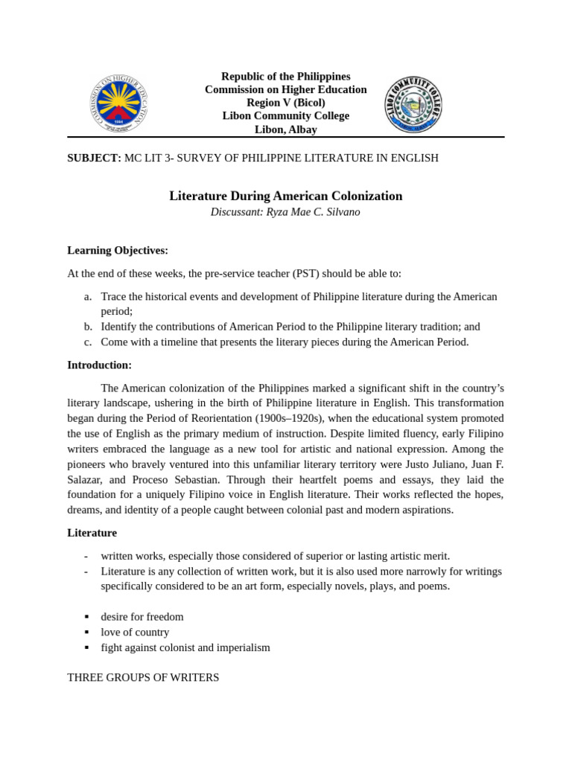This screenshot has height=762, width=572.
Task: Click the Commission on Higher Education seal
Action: click(x=118, y=103)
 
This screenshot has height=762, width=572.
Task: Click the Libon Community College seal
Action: click(x=413, y=104)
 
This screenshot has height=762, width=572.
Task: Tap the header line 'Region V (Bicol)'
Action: click(x=285, y=103)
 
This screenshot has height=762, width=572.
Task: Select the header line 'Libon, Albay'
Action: click(x=285, y=129)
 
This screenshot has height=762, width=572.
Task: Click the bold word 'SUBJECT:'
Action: click(x=94, y=158)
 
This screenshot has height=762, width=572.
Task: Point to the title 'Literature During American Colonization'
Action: click(x=285, y=196)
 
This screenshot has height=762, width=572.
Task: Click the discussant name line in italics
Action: click(x=285, y=212)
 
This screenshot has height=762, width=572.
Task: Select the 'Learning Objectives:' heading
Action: click(x=118, y=250)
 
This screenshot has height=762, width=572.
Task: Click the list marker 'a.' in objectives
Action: click(x=88, y=296)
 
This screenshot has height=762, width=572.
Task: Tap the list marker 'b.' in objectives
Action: click(x=88, y=327)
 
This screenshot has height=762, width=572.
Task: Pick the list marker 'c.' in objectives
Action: click(x=88, y=342)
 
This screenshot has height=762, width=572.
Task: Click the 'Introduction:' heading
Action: click(x=99, y=365)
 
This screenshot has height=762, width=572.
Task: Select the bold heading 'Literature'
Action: click(x=92, y=533)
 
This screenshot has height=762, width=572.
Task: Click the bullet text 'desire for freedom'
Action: click(x=142, y=617)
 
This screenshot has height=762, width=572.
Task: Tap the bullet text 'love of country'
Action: click(x=135, y=633)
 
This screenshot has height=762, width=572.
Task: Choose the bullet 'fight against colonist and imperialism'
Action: click(x=185, y=647)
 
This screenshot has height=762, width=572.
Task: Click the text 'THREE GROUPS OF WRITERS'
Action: click(x=143, y=678)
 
